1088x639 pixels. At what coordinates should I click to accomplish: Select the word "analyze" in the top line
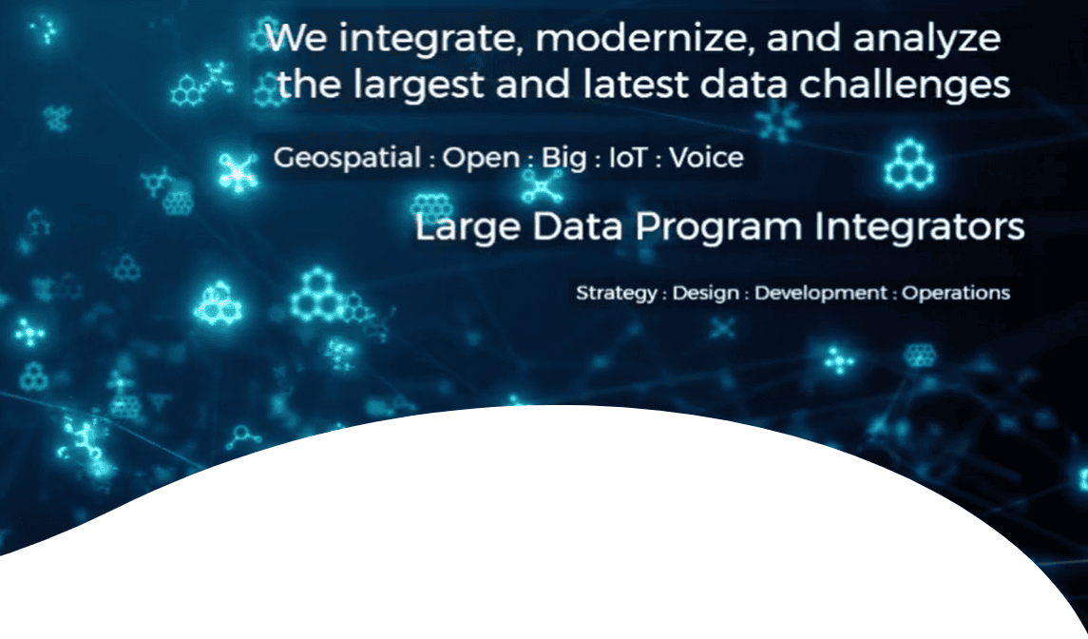[927, 40]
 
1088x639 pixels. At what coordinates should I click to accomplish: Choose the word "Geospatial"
[347, 159]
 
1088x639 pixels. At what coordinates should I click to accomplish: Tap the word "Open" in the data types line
[481, 159]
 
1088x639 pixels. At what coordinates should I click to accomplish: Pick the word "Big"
[564, 159]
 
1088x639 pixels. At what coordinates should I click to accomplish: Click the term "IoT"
[629, 158]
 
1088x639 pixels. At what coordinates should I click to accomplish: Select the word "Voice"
[706, 158]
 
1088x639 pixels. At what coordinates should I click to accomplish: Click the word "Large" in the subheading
[468, 228]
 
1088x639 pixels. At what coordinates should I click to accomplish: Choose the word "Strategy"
[616, 294]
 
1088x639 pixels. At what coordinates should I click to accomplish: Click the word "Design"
[706, 294]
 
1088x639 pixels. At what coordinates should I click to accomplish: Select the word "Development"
[821, 294]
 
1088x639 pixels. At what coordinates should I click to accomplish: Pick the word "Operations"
[956, 294]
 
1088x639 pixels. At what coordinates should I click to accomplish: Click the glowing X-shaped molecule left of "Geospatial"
[238, 173]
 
